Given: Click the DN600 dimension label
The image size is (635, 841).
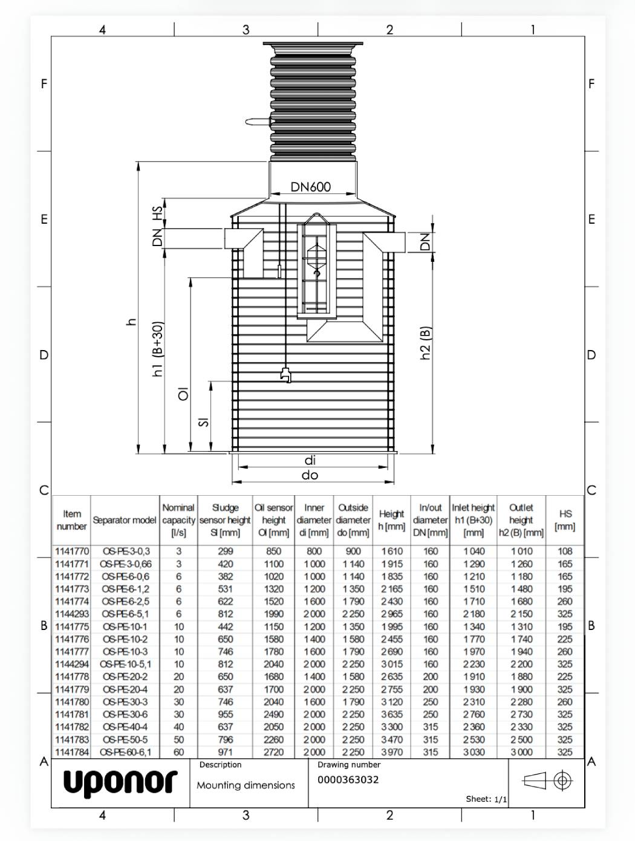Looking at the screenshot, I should [311, 187].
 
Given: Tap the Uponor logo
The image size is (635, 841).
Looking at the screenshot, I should [120, 782].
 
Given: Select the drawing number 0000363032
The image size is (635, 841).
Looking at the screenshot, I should [348, 779].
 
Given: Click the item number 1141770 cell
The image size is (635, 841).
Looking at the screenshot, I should [71, 551].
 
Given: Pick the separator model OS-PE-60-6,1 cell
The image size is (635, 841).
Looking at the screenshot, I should [126, 752].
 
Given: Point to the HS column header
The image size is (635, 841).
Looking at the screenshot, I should [565, 520].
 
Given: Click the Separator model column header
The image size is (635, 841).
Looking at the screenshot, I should [125, 520].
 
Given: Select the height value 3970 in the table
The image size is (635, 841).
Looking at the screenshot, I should [392, 752].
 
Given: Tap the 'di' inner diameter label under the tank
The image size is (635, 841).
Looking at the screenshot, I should [310, 461].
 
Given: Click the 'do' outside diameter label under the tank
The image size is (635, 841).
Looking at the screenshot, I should [310, 475].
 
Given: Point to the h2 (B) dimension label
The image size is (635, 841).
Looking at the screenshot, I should [426, 343].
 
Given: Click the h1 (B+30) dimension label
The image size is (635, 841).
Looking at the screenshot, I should [158, 349].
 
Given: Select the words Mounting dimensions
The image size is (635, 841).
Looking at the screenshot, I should [246, 785].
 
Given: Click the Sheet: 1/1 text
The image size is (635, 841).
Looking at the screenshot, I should [486, 799].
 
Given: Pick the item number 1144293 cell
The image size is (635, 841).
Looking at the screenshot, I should [71, 614].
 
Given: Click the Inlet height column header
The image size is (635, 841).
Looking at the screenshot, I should [473, 520].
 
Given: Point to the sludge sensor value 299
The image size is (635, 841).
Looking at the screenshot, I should [225, 551].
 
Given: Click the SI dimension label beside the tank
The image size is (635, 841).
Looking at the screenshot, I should [204, 421].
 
